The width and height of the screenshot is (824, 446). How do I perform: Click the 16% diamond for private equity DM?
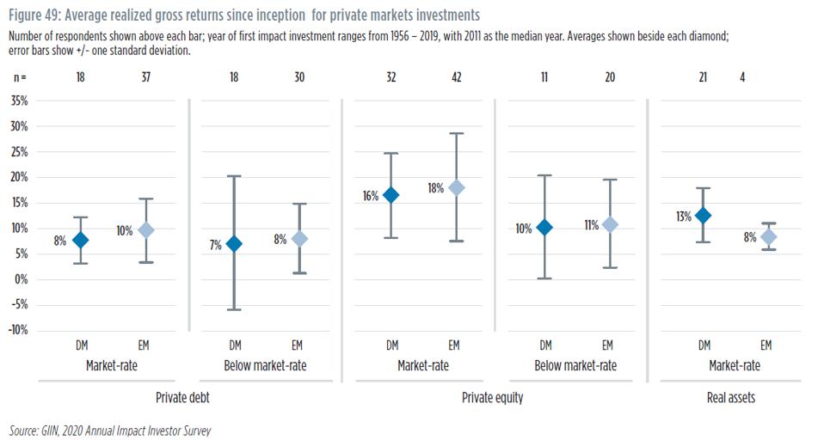[x=391, y=195]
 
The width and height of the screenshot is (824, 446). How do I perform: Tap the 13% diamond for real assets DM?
[x=703, y=216]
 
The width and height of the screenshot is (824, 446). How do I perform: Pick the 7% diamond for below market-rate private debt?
[x=235, y=243]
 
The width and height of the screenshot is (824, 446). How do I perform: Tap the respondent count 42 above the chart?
[x=456, y=77]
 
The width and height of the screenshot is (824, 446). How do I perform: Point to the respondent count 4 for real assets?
[x=741, y=77]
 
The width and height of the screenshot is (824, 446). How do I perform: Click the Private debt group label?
[x=182, y=398]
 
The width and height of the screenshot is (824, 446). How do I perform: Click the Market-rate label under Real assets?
[x=735, y=365]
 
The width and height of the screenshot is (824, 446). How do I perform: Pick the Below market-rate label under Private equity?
[x=576, y=365]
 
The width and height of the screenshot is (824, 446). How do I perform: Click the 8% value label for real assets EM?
[x=750, y=238]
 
